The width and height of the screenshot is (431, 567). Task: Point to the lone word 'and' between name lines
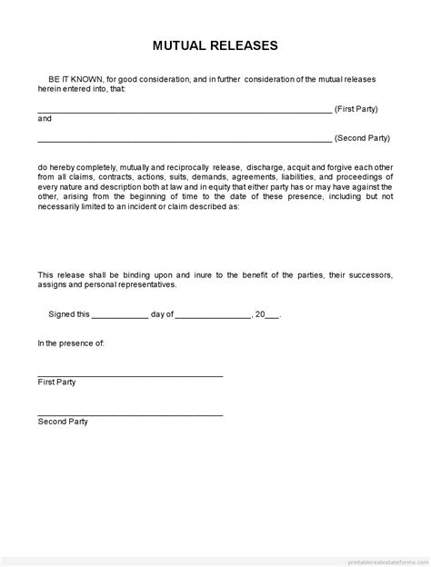(45, 118)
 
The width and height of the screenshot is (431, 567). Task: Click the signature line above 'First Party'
(130, 375)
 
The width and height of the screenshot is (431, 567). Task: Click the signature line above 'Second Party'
(130, 414)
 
